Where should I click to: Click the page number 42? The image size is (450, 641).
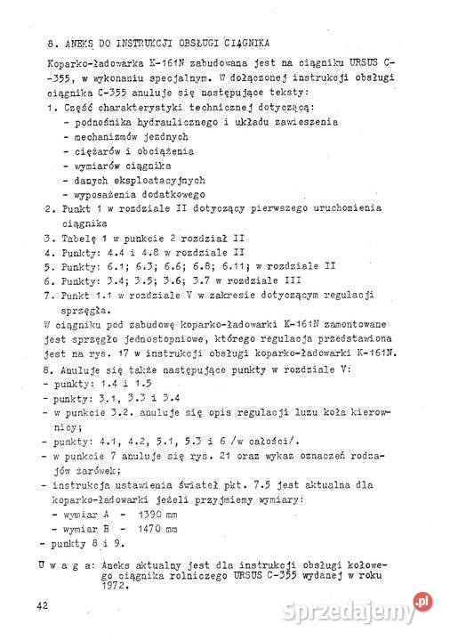tap(42, 604)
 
